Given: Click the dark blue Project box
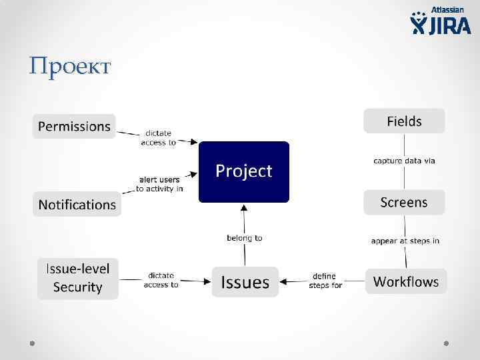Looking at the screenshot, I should coord(243,171).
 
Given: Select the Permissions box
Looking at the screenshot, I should coord(74,126).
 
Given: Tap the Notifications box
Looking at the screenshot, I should coord(77,205).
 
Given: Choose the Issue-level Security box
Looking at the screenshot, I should coord(77,278).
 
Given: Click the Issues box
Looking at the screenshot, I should coord(245,283).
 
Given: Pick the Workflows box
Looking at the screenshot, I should coord(405,281).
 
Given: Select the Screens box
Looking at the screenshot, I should coord(404,202).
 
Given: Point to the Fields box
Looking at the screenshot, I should coord(404,121).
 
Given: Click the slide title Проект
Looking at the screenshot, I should coord(70,67).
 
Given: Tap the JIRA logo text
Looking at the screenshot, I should coord(448,25).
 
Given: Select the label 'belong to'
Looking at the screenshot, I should coord(245,237).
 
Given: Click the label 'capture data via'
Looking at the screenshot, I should coord(404,161).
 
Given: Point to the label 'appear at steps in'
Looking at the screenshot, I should coord(405,241).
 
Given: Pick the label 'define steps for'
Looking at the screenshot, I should coord(325,281).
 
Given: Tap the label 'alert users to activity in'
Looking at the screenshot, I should coord(159,184).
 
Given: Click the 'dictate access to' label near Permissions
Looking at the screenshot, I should coord(158,137).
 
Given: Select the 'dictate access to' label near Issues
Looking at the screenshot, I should coord(161,280).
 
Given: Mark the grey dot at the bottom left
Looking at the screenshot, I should coord(31,343).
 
